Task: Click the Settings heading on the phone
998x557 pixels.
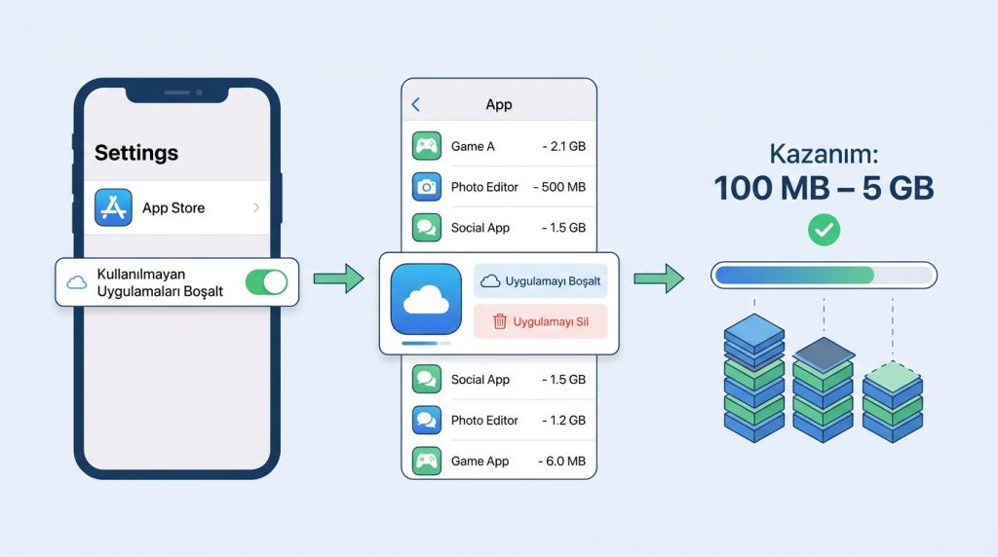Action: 136,153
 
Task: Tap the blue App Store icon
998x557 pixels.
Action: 113,207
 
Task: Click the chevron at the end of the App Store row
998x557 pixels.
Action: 256,207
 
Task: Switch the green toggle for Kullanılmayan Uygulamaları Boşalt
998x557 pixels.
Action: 267,282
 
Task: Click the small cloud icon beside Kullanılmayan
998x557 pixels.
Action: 76,282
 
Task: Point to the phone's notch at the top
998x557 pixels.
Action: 177,93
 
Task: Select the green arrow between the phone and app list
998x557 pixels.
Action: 338,278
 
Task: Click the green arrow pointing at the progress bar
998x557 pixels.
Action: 659,278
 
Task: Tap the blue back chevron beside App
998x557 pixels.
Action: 415,104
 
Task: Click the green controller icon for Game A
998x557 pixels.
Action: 427,146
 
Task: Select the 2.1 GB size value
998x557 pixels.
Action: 564,146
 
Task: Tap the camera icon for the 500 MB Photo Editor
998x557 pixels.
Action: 427,187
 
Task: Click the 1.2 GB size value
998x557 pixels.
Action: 564,421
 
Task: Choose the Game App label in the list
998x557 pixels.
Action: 480,461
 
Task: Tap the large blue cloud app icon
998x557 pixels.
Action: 426,299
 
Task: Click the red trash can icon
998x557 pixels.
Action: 500,321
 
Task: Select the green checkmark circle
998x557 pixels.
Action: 824,230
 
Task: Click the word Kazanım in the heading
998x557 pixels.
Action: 824,154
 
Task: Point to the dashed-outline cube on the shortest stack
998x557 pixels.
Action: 893,377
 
